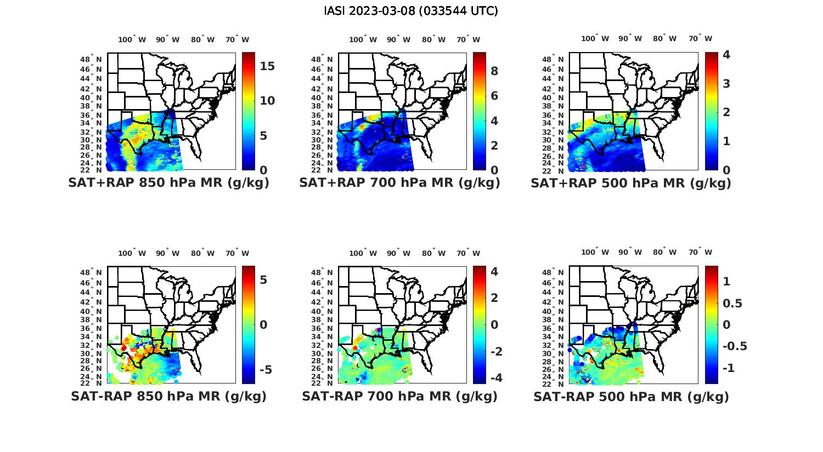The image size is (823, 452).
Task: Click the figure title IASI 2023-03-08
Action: coord(411,11)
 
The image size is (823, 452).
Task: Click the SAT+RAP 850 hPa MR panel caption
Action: coord(168,183)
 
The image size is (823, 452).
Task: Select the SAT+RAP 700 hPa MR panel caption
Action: coord(399,183)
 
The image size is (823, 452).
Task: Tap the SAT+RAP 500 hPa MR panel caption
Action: coord(631,183)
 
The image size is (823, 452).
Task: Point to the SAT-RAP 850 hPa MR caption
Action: coord(168,396)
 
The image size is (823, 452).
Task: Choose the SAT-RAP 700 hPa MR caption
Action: coord(399,396)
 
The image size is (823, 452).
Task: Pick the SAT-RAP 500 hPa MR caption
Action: coord(631,396)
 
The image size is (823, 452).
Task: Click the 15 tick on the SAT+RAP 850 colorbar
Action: coord(267,66)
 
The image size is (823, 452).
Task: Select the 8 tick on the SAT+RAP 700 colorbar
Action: coord(494,71)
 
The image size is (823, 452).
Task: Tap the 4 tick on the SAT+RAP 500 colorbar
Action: coord(726,55)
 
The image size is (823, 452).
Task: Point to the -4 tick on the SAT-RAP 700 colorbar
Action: coord(496,378)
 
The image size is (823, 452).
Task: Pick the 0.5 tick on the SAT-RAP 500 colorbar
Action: coord(732,303)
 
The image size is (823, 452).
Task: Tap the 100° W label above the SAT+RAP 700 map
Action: coord(363,39)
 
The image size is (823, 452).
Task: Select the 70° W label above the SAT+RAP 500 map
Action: coord(700,38)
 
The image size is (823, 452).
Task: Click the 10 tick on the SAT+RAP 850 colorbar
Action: coord(267,101)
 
